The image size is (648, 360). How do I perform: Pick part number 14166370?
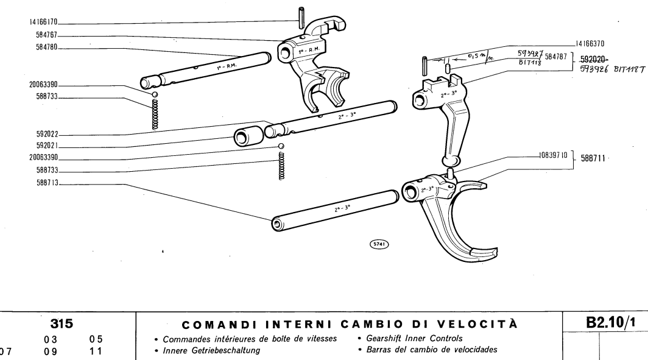[593, 43]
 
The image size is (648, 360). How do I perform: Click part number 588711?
[593, 157]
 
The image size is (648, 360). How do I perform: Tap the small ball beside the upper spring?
[155, 94]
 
